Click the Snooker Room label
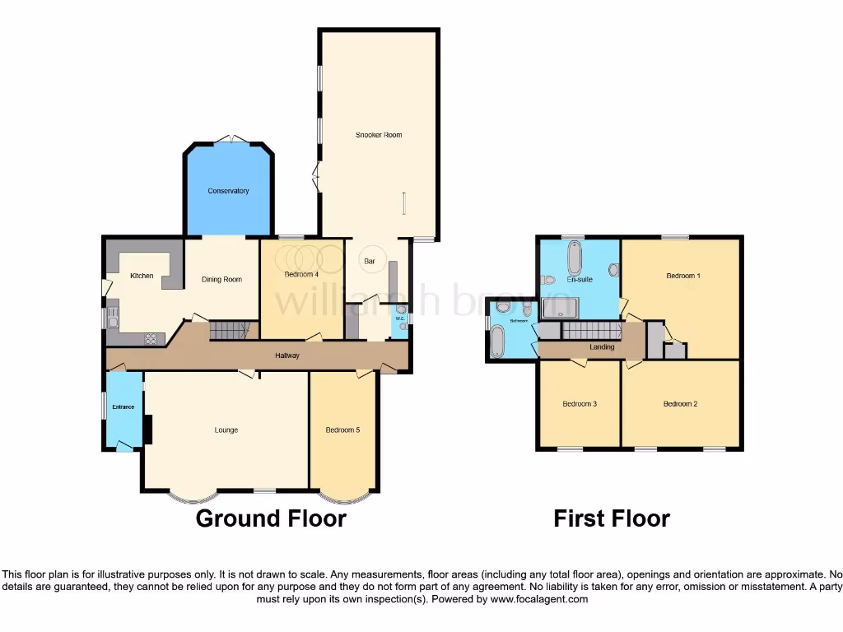[x=379, y=135]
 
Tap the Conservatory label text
[x=228, y=191]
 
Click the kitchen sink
[x=112, y=318]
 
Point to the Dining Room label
[x=222, y=280]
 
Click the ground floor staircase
[x=230, y=331]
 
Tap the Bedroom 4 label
[x=301, y=275]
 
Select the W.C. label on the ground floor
[x=400, y=318]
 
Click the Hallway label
[x=287, y=355]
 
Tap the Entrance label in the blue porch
[x=123, y=407]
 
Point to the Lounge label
[x=226, y=430]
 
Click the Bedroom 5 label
[x=342, y=430]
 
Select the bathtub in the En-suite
[x=574, y=258]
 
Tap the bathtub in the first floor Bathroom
[x=497, y=342]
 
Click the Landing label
[x=602, y=347]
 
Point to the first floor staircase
[x=591, y=331]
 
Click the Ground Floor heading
[x=271, y=518]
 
